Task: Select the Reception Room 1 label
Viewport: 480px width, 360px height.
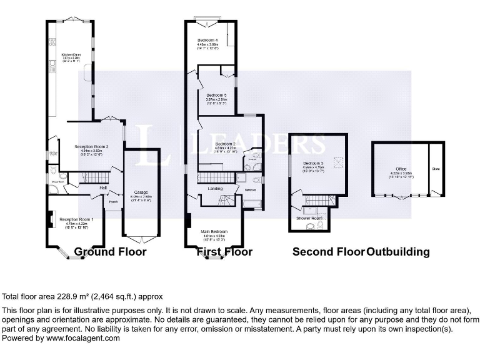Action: (x=76, y=219)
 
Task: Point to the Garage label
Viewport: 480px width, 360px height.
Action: (x=140, y=192)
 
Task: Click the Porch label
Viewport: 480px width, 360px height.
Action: (x=114, y=202)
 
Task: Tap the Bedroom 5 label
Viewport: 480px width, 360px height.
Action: (x=216, y=94)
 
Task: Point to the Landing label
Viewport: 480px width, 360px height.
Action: (x=215, y=188)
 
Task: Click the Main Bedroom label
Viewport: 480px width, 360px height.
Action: (x=214, y=232)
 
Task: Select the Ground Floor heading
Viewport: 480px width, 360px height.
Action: (x=110, y=252)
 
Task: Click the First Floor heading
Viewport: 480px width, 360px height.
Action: (x=224, y=252)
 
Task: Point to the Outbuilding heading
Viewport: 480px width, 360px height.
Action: (x=398, y=252)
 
